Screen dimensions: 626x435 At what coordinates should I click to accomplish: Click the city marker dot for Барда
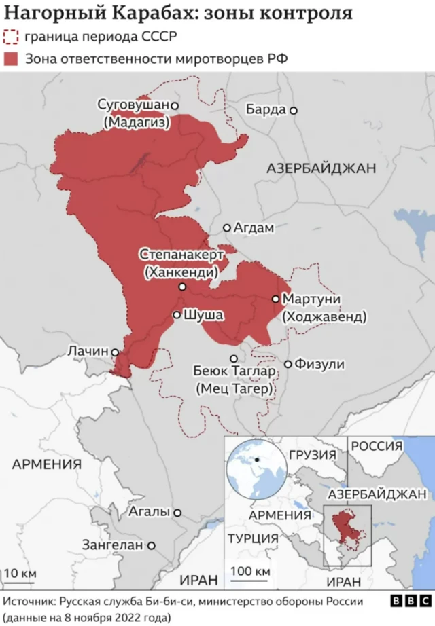(294, 110)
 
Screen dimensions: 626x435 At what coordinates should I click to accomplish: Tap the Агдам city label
(254, 228)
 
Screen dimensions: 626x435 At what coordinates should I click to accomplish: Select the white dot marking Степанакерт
(182, 287)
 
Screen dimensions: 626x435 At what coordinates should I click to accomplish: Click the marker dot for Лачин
(116, 352)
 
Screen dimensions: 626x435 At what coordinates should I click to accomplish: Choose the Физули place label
(319, 365)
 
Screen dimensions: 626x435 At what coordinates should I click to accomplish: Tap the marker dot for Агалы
(177, 513)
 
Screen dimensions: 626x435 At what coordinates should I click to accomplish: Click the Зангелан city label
(113, 545)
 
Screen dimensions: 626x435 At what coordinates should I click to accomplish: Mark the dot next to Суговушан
(175, 106)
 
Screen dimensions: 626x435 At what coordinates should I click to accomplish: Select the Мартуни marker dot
(275, 299)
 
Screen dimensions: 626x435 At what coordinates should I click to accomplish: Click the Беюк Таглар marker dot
(234, 358)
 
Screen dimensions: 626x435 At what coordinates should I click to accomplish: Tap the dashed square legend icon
(11, 37)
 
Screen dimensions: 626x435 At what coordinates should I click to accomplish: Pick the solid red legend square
(11, 59)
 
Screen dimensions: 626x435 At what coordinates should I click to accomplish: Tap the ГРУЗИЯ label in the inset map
(312, 455)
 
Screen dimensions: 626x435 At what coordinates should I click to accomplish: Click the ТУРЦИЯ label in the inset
(253, 539)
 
